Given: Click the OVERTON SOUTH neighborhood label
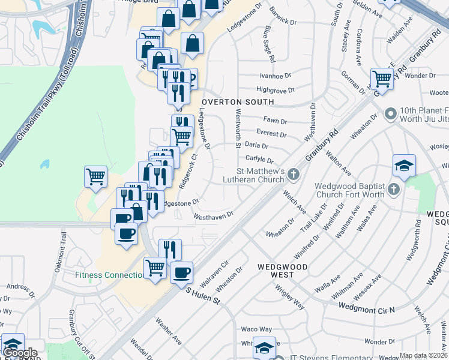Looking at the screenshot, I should click(237, 102).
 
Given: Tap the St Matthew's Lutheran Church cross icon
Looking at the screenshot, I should click(293, 175).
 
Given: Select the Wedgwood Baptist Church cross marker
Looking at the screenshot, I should click(393, 190).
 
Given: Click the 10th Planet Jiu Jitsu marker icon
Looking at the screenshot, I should click(391, 113).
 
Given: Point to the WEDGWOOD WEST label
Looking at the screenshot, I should click(276, 270).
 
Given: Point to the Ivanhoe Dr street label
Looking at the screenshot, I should click(275, 76).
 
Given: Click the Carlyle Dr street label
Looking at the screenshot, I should click(259, 159).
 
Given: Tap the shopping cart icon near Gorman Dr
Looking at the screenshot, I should click(382, 77).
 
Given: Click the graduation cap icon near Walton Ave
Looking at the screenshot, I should click(405, 165).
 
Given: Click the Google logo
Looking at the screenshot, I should click(20, 353).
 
